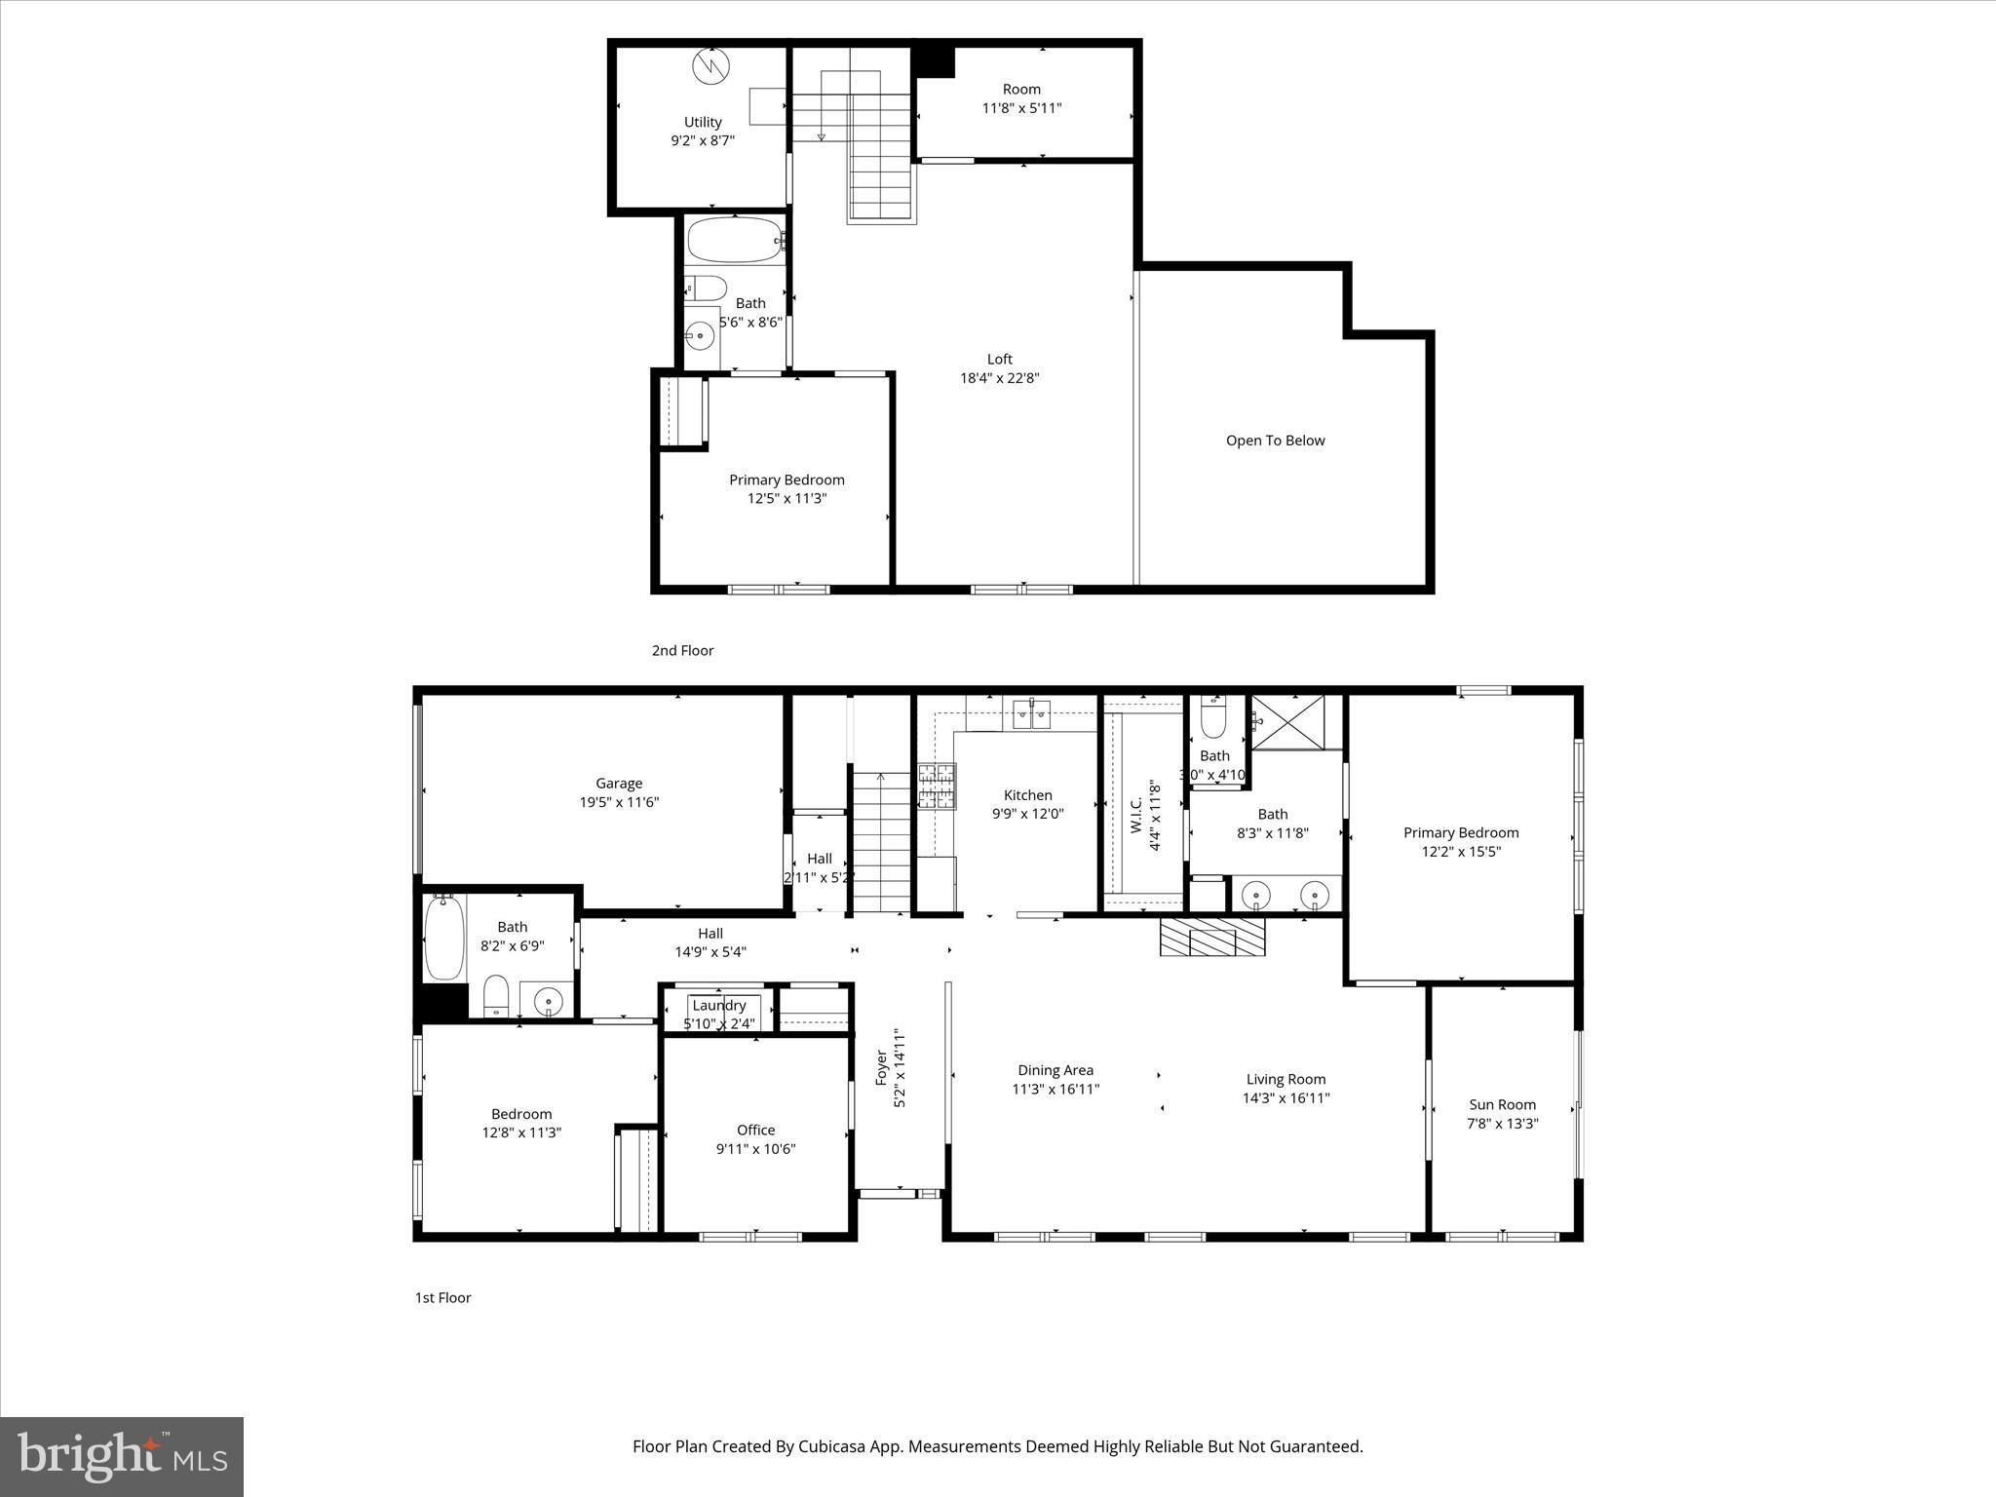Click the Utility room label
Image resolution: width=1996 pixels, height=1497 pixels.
[702, 122]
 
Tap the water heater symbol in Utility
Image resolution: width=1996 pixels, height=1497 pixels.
[710, 67]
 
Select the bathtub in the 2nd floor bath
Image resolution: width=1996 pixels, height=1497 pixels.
[734, 240]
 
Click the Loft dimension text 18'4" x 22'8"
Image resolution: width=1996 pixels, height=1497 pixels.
[999, 378]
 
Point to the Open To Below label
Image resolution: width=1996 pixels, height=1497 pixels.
[1275, 441]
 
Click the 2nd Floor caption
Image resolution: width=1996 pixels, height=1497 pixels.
[682, 650]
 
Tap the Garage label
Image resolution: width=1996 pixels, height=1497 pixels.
[619, 783]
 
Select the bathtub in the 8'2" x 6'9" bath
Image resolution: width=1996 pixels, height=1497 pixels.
[444, 938]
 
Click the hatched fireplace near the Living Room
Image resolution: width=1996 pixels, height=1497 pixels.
[1211, 937]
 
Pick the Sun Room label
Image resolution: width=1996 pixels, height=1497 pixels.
[1502, 1104]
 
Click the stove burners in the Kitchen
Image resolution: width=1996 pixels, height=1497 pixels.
[936, 787]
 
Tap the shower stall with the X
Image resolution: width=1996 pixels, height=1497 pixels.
[1286, 722]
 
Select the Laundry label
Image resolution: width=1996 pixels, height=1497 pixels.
[718, 1005]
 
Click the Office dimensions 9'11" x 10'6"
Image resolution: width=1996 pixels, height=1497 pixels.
[755, 1149]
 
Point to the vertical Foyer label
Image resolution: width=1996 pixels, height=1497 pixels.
[881, 1068]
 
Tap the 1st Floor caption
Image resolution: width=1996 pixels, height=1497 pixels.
[442, 1297]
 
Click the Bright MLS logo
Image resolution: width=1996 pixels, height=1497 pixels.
[122, 1457]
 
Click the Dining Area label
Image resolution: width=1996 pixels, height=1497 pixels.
[1055, 1070]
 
